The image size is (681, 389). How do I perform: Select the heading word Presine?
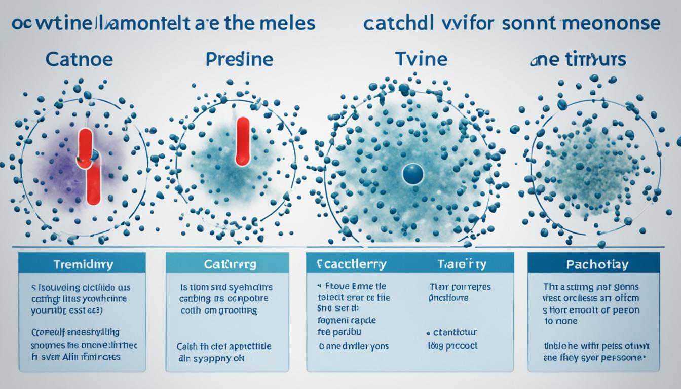tap(239, 59)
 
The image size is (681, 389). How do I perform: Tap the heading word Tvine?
tap(421, 59)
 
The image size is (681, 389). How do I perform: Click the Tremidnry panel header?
tap(82, 264)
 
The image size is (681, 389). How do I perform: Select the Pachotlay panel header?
tap(593, 264)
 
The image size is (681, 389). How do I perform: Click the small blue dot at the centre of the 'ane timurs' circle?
tap(580, 166)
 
